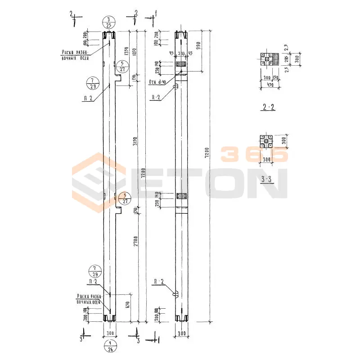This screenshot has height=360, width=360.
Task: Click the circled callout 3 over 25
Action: pos(109,22)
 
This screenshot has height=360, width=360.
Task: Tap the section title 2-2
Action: pos(268,107)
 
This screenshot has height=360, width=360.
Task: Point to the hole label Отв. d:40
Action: pos(157,82)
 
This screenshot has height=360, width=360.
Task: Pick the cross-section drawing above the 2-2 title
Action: pos(268,59)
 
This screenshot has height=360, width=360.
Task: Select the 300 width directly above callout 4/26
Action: pos(109,333)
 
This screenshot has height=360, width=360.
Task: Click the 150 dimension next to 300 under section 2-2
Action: pos(275,77)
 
